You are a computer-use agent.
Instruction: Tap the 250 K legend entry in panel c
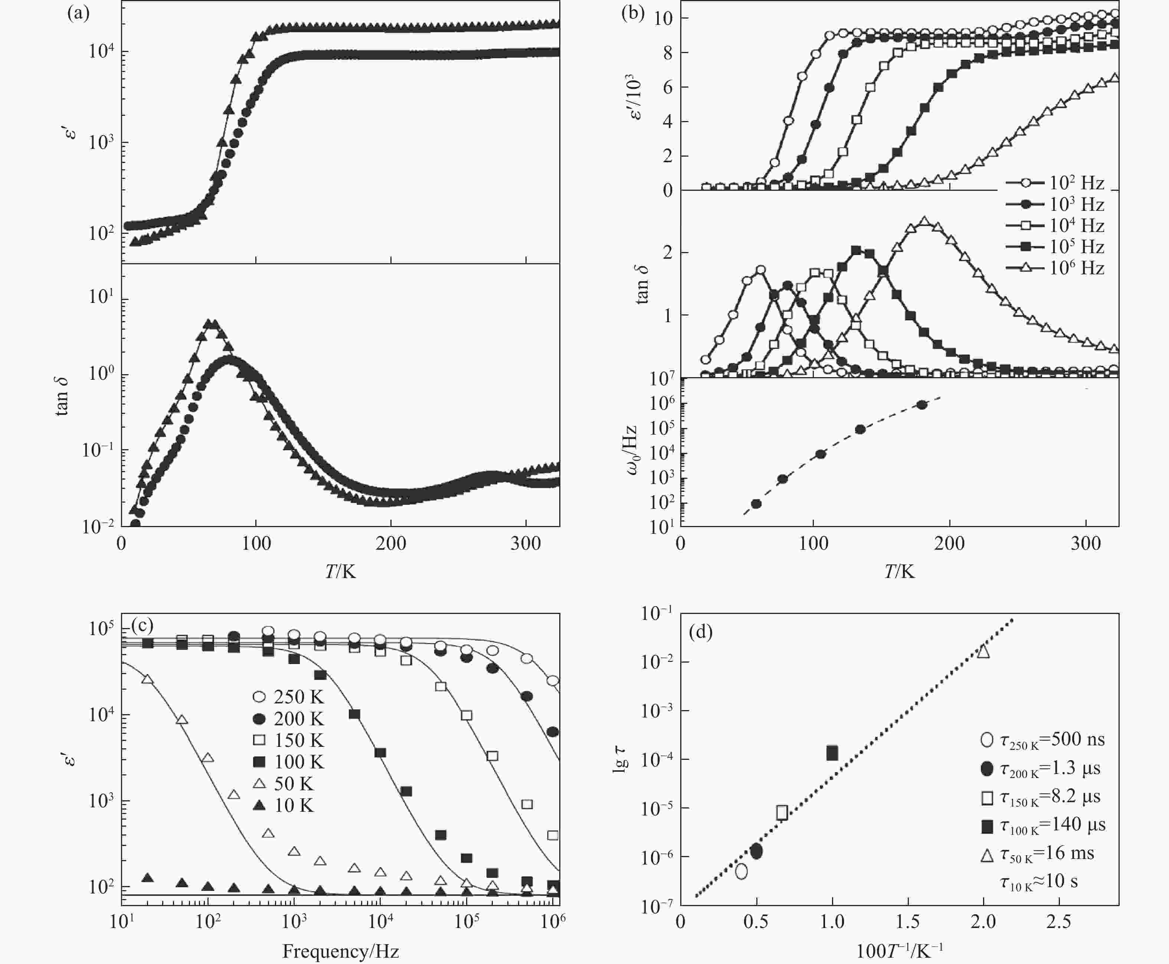[x=288, y=697]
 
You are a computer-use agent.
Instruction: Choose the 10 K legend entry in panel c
[x=284, y=805]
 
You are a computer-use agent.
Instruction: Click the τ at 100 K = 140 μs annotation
[x=1044, y=825]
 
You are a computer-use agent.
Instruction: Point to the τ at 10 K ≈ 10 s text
[x=1038, y=882]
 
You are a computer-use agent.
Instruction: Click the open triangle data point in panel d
[x=983, y=651]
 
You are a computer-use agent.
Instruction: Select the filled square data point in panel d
[x=832, y=753]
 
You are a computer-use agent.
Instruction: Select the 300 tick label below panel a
[x=525, y=543]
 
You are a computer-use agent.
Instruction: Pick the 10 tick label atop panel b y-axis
[x=663, y=18]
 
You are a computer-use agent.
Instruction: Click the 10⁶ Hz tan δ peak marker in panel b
[x=924, y=221]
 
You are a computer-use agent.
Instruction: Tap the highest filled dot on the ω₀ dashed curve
[x=921, y=405]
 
